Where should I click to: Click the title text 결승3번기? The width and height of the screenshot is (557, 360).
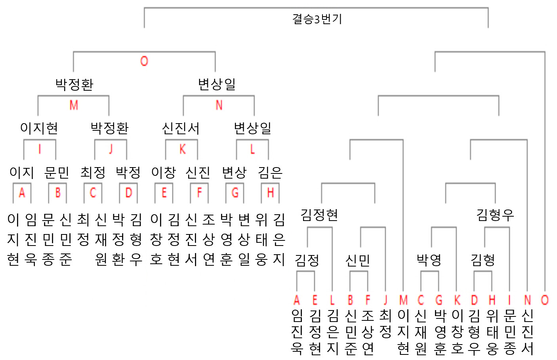tap(317, 19)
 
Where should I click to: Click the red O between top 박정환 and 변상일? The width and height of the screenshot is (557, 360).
tap(144, 61)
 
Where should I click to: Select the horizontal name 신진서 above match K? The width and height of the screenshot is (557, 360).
tap(181, 128)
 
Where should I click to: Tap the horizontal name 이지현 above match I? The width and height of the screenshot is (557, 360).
tap(39, 128)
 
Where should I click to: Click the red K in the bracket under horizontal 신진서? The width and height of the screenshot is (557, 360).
tap(182, 149)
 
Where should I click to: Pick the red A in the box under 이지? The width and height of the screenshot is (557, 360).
tap(22, 193)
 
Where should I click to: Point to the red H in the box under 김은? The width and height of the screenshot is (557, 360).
tap(271, 193)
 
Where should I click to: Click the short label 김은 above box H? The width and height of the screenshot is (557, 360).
tap(270, 172)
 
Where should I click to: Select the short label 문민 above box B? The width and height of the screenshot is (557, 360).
tap(57, 172)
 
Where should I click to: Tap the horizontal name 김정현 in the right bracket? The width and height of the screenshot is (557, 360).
tap(319, 215)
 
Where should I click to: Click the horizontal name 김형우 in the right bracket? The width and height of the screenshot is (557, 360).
tap(495, 215)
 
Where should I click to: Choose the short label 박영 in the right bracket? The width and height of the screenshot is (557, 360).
tap(429, 260)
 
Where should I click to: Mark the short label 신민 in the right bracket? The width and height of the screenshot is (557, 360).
tap(358, 260)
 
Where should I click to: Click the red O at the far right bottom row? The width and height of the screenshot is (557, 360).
tap(545, 300)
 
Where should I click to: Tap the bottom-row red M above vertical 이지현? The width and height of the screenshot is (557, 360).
tap(403, 300)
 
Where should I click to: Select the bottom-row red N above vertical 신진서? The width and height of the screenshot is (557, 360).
tap(527, 300)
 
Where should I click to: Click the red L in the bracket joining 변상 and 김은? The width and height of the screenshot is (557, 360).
tap(252, 149)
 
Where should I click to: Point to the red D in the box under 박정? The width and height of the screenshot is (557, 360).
tap(129, 193)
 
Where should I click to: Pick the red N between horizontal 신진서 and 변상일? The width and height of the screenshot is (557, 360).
tap(219, 105)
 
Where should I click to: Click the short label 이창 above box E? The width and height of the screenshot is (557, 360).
tap(163, 172)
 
